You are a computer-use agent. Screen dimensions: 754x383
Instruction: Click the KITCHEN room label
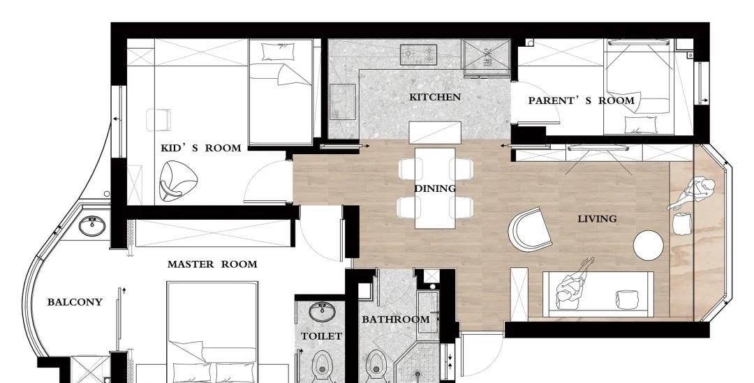tap(435, 97)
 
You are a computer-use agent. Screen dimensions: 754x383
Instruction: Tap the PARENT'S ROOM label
tap(582, 101)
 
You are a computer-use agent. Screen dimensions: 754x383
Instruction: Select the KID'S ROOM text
tap(201, 148)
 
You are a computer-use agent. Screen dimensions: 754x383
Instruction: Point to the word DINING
tap(435, 188)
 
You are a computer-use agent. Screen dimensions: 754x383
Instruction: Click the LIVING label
tap(597, 219)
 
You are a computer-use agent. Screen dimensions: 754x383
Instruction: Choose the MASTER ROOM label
tap(212, 264)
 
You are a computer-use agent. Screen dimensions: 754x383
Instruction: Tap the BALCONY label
tap(75, 302)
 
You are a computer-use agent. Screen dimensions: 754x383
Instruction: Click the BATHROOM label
tap(396, 320)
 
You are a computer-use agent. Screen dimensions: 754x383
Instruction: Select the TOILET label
tap(321, 336)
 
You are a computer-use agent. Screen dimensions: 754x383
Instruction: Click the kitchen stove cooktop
tap(418, 55)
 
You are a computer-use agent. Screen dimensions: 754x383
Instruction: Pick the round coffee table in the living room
tap(648, 246)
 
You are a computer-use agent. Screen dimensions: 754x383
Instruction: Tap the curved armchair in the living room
tap(530, 230)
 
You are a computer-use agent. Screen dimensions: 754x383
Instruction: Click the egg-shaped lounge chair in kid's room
tap(178, 181)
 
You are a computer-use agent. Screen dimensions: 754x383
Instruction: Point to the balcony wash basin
tap(92, 226)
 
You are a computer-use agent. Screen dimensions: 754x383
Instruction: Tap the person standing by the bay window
tap(691, 193)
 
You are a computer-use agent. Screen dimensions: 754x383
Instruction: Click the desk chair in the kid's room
tap(158, 120)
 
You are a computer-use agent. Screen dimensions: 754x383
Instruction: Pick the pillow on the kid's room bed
tap(279, 52)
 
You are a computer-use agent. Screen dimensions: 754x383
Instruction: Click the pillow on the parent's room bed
tap(640, 124)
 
